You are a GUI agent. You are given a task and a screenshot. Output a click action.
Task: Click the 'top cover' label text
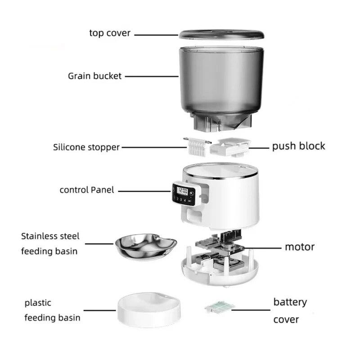pos(110,33)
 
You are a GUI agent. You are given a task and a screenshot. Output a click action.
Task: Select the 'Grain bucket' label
pos(94,76)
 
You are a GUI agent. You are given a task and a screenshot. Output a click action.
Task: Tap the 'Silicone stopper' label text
pos(86,147)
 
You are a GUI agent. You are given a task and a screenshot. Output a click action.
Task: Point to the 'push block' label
pos(298,146)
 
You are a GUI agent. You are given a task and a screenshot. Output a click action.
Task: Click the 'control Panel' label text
pos(87,190)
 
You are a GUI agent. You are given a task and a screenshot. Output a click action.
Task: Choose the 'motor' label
pos(299,247)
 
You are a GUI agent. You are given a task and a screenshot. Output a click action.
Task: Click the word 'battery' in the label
pos(290,301)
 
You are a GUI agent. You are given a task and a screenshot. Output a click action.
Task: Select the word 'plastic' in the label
pos(38,303)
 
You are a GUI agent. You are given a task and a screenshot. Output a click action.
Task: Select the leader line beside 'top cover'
pos(156,34)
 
